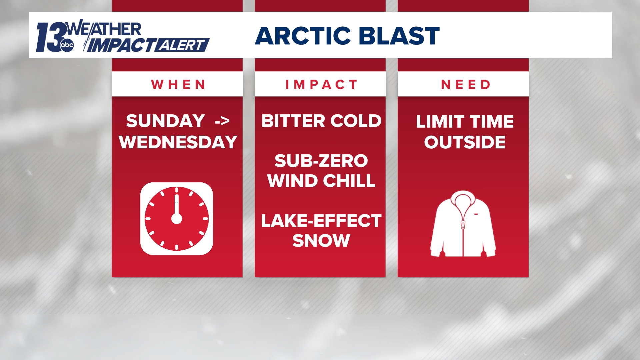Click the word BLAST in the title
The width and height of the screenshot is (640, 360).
pos(400,36)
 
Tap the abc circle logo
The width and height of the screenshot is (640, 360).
pos(67,46)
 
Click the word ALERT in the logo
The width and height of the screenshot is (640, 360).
pos(182,45)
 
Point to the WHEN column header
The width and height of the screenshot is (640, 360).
pos(178,85)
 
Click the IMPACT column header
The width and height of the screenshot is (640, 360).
pos(321,85)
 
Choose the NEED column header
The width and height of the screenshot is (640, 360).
pos(466,85)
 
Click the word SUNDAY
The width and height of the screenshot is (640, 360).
pos(165,121)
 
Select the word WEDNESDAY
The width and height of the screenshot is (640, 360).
pos(178,142)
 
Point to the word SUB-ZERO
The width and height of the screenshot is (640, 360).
pos(321,161)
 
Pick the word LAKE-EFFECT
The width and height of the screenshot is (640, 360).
pos(321,221)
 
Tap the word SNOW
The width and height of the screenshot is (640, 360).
pos(321,240)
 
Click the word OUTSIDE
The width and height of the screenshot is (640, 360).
pos(465,142)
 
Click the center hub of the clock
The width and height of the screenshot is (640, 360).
pos(177,219)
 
